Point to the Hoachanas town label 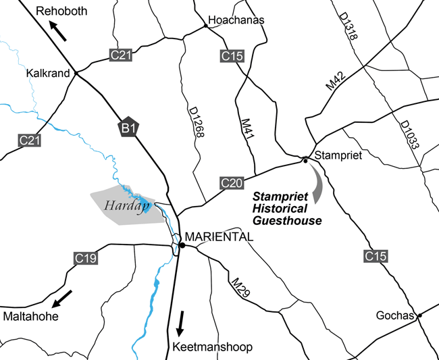coord(236,21)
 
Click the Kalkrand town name coord(48,73)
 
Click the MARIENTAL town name coord(219,237)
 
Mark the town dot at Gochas coord(419,315)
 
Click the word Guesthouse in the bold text coord(286,220)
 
